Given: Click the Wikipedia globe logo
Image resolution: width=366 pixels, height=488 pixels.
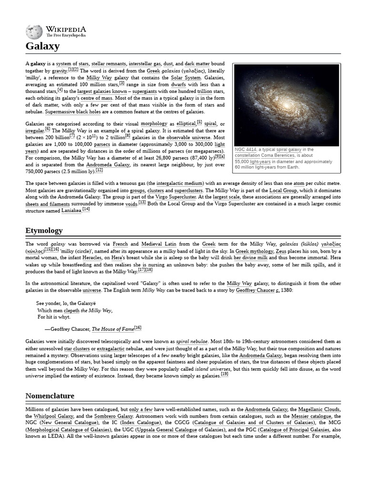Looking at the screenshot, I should (x=34, y=31).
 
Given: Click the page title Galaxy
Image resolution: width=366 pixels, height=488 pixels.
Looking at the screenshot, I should (x=42, y=46).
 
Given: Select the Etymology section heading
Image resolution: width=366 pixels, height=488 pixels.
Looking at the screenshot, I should (x=44, y=231).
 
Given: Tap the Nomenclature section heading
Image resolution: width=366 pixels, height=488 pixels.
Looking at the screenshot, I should (x=50, y=396).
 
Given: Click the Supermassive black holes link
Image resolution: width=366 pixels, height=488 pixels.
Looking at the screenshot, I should (x=75, y=112).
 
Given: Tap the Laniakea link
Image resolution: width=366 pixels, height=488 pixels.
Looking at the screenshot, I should (x=66, y=209).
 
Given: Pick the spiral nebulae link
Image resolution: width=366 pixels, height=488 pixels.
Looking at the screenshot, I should (x=192, y=342).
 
